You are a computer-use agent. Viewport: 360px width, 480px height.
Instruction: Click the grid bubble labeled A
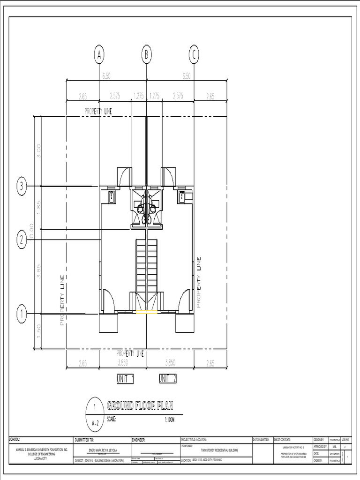pos(99,55)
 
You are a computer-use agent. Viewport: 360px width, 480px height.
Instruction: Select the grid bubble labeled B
pos(147,55)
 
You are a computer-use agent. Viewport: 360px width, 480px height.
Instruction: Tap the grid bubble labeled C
pos(194,55)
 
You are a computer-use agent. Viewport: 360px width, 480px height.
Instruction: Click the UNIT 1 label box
pos(126,379)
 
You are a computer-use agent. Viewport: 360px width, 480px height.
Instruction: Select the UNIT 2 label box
pos(168,379)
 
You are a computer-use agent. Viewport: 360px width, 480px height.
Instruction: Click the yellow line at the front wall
pos(147,312)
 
